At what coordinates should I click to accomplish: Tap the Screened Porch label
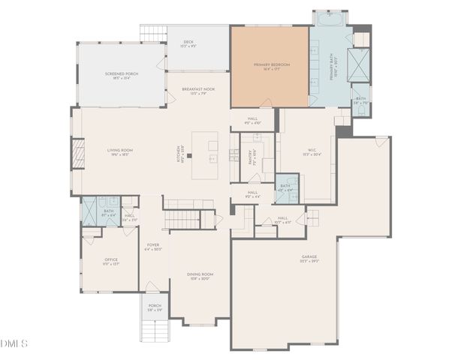coord(121,76)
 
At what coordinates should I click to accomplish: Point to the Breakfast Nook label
coord(198,91)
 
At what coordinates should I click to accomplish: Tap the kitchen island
coord(204,156)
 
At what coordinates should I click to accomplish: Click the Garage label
coord(309,259)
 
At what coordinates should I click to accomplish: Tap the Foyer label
coord(153,247)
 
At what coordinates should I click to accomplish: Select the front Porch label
coord(155,307)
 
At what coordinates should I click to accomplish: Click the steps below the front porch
coord(155,330)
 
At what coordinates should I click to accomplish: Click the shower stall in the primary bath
coord(360,65)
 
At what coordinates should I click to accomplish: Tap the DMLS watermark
coord(14,343)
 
